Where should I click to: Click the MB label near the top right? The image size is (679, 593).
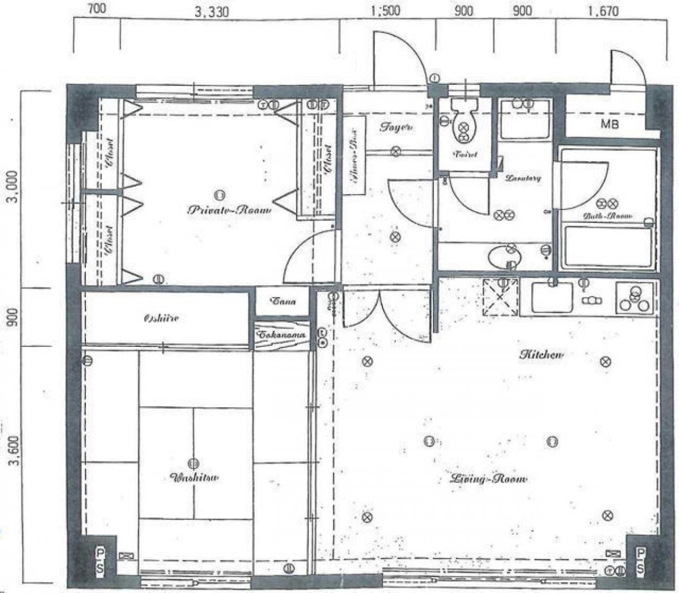(x=609, y=125)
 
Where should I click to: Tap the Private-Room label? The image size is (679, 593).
(x=228, y=211)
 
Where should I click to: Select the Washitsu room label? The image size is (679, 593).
(x=193, y=478)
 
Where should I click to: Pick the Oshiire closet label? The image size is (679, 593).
(x=161, y=318)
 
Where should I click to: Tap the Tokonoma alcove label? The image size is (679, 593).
(x=282, y=335)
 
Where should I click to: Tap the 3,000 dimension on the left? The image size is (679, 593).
(x=14, y=189)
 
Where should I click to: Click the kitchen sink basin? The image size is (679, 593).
(x=552, y=298)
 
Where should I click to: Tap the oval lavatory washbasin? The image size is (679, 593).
(x=503, y=257)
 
